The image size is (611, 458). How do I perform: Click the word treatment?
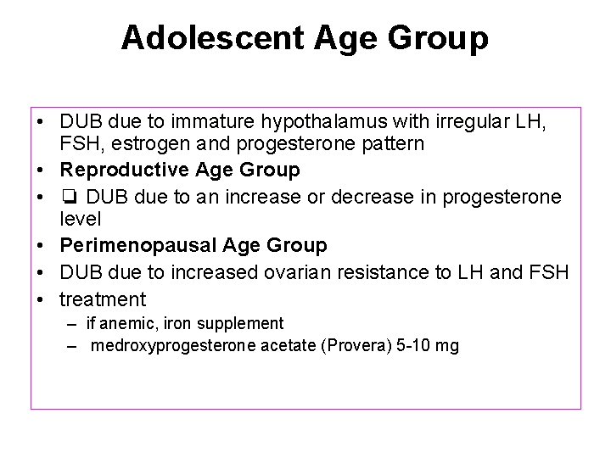103,299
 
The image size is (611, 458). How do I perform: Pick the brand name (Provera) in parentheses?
357,346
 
